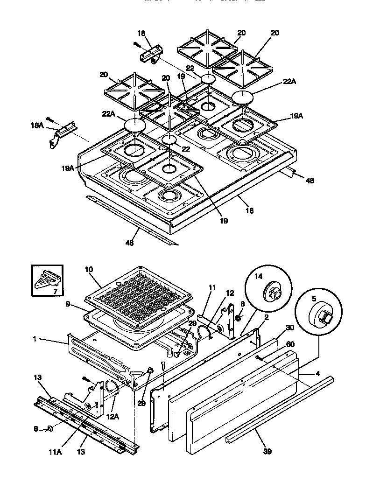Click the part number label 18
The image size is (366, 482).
[x=141, y=33]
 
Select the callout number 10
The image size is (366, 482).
[x=90, y=269]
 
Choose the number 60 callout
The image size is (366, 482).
[x=290, y=344]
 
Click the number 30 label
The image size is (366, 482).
[x=290, y=328]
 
